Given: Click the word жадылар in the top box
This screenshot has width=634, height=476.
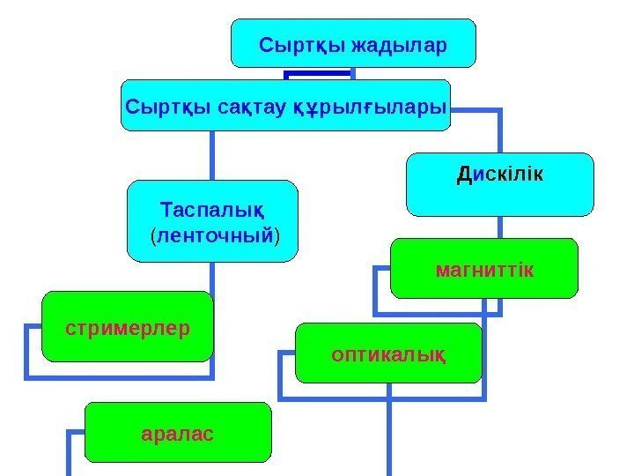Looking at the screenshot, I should point(399,43).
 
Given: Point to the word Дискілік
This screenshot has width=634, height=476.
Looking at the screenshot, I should point(499,174).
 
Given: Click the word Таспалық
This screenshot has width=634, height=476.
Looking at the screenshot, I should point(214,212).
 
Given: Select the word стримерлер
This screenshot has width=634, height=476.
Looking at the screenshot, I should point(128,328).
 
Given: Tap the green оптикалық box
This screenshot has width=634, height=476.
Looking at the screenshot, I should point(388,368).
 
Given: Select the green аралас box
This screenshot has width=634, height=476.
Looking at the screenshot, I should point(178,445).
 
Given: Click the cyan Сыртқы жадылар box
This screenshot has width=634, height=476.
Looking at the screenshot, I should point(353,55).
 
